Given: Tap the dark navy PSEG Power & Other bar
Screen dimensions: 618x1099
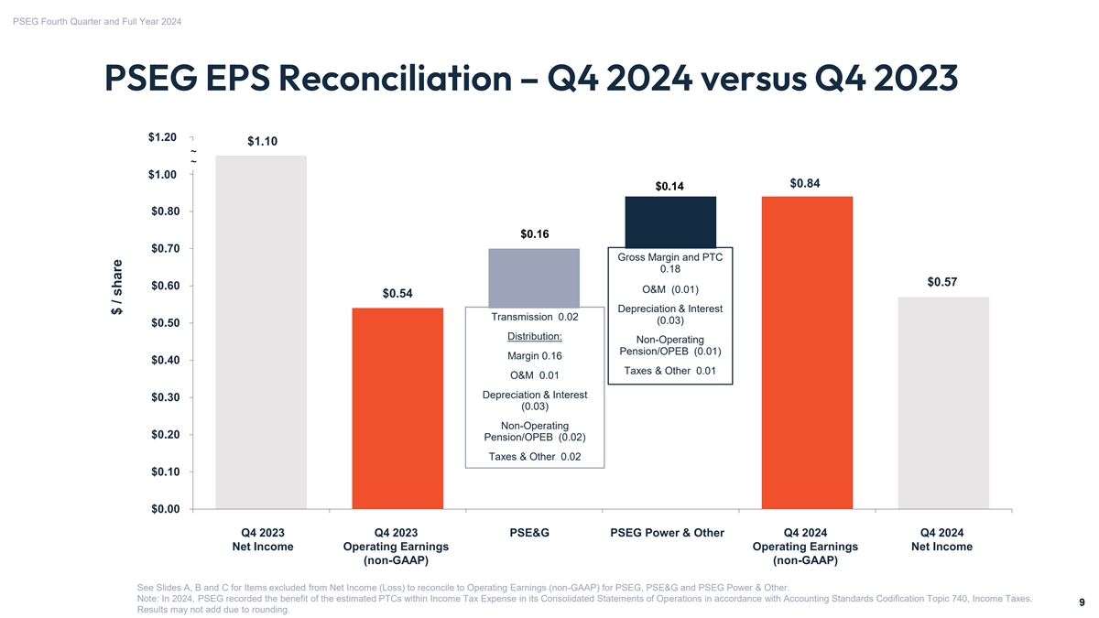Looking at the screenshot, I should tap(670, 221).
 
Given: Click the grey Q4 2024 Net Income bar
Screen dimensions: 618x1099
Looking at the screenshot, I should tap(943, 402).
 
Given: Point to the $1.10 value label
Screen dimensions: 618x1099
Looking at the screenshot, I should tap(262, 141).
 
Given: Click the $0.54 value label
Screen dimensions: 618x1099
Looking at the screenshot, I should tap(397, 293).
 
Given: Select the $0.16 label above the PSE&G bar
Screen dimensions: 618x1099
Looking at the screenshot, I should tap(535, 234).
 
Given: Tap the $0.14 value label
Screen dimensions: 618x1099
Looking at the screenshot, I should tap(670, 187).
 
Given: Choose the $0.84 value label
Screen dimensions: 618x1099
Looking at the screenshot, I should tap(805, 183).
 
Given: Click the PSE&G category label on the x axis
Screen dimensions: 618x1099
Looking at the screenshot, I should tap(534, 533).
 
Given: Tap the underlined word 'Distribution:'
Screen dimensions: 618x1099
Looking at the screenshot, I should tap(535, 335).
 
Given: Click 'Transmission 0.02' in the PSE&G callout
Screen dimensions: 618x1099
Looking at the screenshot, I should tap(535, 317).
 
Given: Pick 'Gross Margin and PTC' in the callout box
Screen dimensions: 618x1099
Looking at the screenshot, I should tap(669, 257).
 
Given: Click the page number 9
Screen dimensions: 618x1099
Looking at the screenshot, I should tap(1082, 602).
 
